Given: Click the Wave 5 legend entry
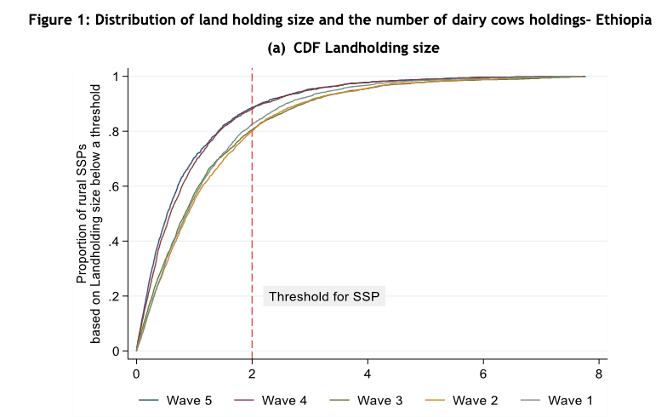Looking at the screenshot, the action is coord(175,400).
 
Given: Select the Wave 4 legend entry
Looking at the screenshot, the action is coord(271,400).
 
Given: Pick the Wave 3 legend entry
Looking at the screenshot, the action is coord(366,400).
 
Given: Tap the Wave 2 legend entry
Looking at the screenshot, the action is coord(461,400).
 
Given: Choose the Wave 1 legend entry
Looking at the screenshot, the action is coord(556,400).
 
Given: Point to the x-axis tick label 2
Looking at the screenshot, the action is coord(252,374).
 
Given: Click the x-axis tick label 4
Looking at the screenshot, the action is coord(368,374).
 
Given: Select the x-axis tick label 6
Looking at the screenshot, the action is coord(483,374).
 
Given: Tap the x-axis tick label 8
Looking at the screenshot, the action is coord(599,374).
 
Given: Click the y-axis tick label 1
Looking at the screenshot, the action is coord(116,77).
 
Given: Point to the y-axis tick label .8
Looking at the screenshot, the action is coord(114,131).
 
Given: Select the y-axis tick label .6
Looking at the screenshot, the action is coord(114,186).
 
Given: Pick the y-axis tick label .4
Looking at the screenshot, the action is coord(114,242).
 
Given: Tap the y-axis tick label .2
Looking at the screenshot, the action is coord(114,296).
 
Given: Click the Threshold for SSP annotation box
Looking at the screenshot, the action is coord(324,296).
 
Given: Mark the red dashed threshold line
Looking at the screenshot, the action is coord(252,214).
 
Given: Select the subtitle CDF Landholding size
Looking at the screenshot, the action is coord(366,48).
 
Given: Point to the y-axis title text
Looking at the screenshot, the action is coord(88,214).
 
